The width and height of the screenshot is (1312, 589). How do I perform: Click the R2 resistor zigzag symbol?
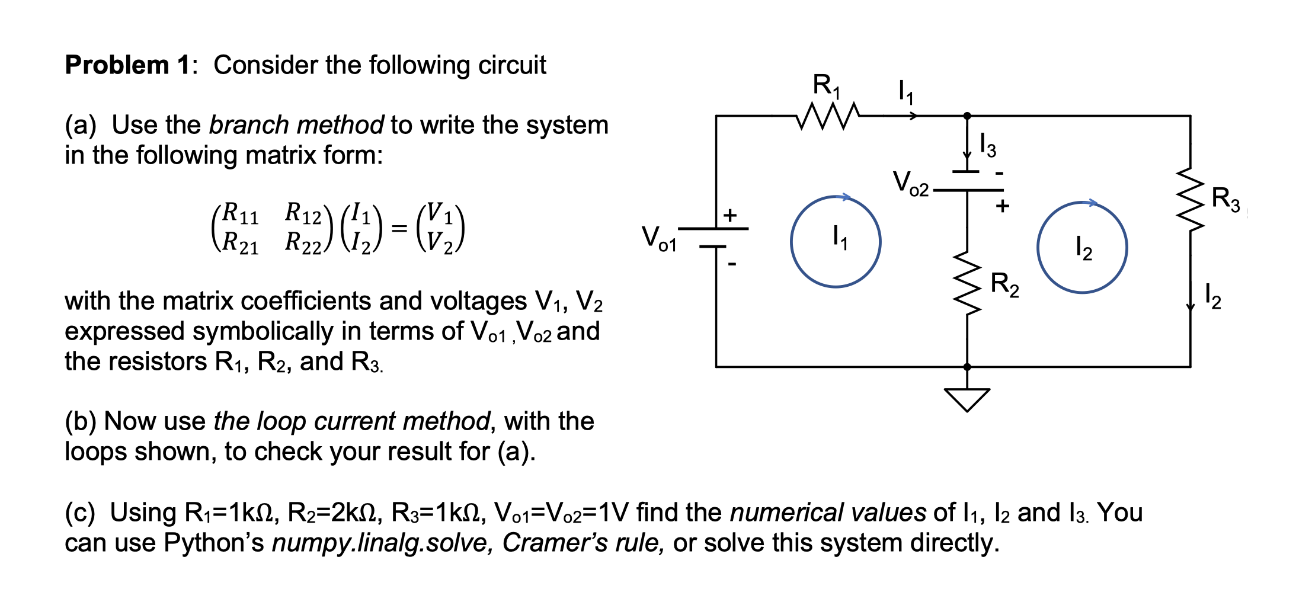tap(968, 283)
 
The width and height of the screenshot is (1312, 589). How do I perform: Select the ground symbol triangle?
tap(967, 399)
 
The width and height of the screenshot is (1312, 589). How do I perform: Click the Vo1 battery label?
tap(658, 238)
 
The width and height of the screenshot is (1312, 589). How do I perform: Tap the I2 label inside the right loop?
tap(1083, 248)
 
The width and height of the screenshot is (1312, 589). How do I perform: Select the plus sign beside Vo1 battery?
tap(730, 215)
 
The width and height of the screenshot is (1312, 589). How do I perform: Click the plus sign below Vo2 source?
tap(1002, 206)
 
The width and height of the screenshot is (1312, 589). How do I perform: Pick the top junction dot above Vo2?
tap(967, 116)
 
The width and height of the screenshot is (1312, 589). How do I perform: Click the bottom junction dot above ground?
tap(967, 367)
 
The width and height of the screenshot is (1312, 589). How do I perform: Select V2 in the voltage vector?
tap(440, 243)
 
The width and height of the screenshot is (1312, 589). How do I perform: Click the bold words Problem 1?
tap(127, 65)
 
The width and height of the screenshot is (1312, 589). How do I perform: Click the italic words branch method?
tap(296, 125)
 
